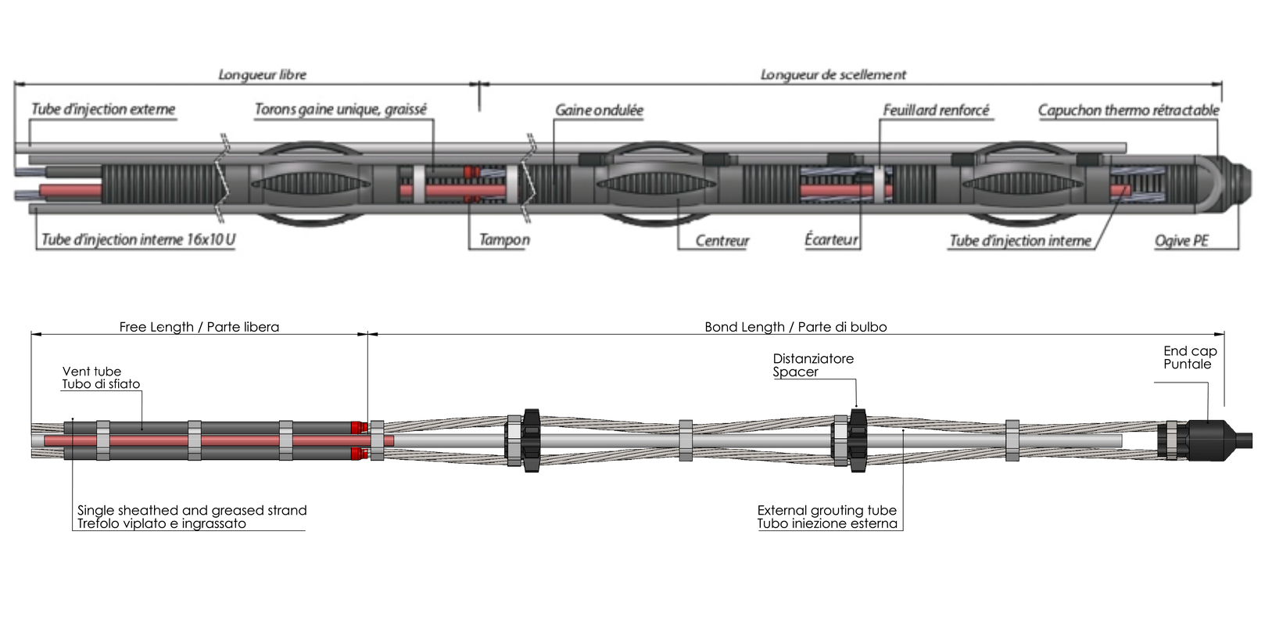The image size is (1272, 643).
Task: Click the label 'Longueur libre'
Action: [x=262, y=74]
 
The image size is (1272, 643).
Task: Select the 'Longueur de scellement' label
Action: [x=833, y=74]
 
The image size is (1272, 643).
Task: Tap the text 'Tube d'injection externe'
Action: [x=103, y=109]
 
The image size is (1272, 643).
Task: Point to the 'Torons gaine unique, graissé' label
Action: [x=341, y=109]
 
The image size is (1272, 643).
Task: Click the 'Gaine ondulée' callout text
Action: [x=599, y=110]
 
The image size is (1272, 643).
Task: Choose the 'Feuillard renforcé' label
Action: [x=936, y=110]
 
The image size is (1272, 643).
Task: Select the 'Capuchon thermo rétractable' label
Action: [x=1128, y=110]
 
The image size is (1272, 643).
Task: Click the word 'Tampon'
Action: [x=504, y=239]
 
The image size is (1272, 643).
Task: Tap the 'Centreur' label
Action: [x=722, y=240]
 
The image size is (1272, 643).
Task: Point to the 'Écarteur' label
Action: [x=831, y=239]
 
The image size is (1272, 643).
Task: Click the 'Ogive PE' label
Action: [x=1181, y=240]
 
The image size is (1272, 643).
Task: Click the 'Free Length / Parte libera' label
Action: [x=199, y=327]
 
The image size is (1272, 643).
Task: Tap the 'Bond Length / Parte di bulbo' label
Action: [x=795, y=327]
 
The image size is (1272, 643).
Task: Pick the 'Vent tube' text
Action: [x=91, y=372]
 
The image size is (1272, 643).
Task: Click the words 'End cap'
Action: [x=1190, y=351]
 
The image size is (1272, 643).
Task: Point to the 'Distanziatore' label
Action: [x=813, y=358]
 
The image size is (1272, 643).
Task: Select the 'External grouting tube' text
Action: [x=826, y=510]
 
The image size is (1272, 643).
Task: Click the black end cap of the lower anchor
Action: [x=1208, y=440]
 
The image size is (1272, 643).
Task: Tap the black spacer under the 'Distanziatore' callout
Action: [x=858, y=439]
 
